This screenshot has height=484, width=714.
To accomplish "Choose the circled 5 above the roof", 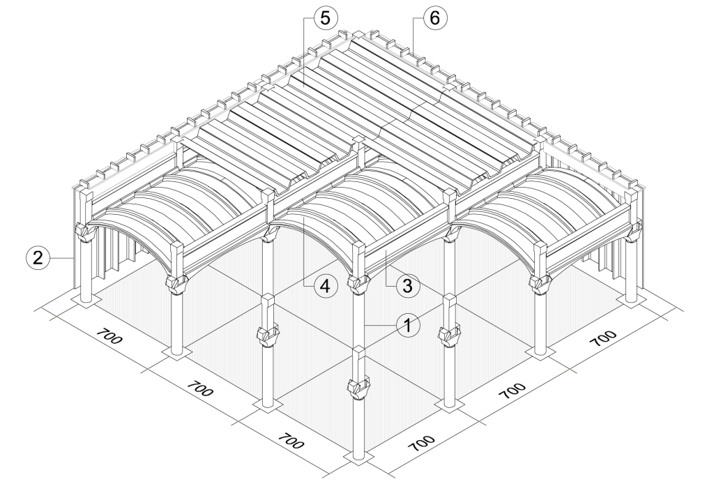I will [323, 19].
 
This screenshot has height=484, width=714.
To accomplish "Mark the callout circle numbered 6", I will [432, 19].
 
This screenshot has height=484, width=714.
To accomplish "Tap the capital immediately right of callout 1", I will [447, 333].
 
